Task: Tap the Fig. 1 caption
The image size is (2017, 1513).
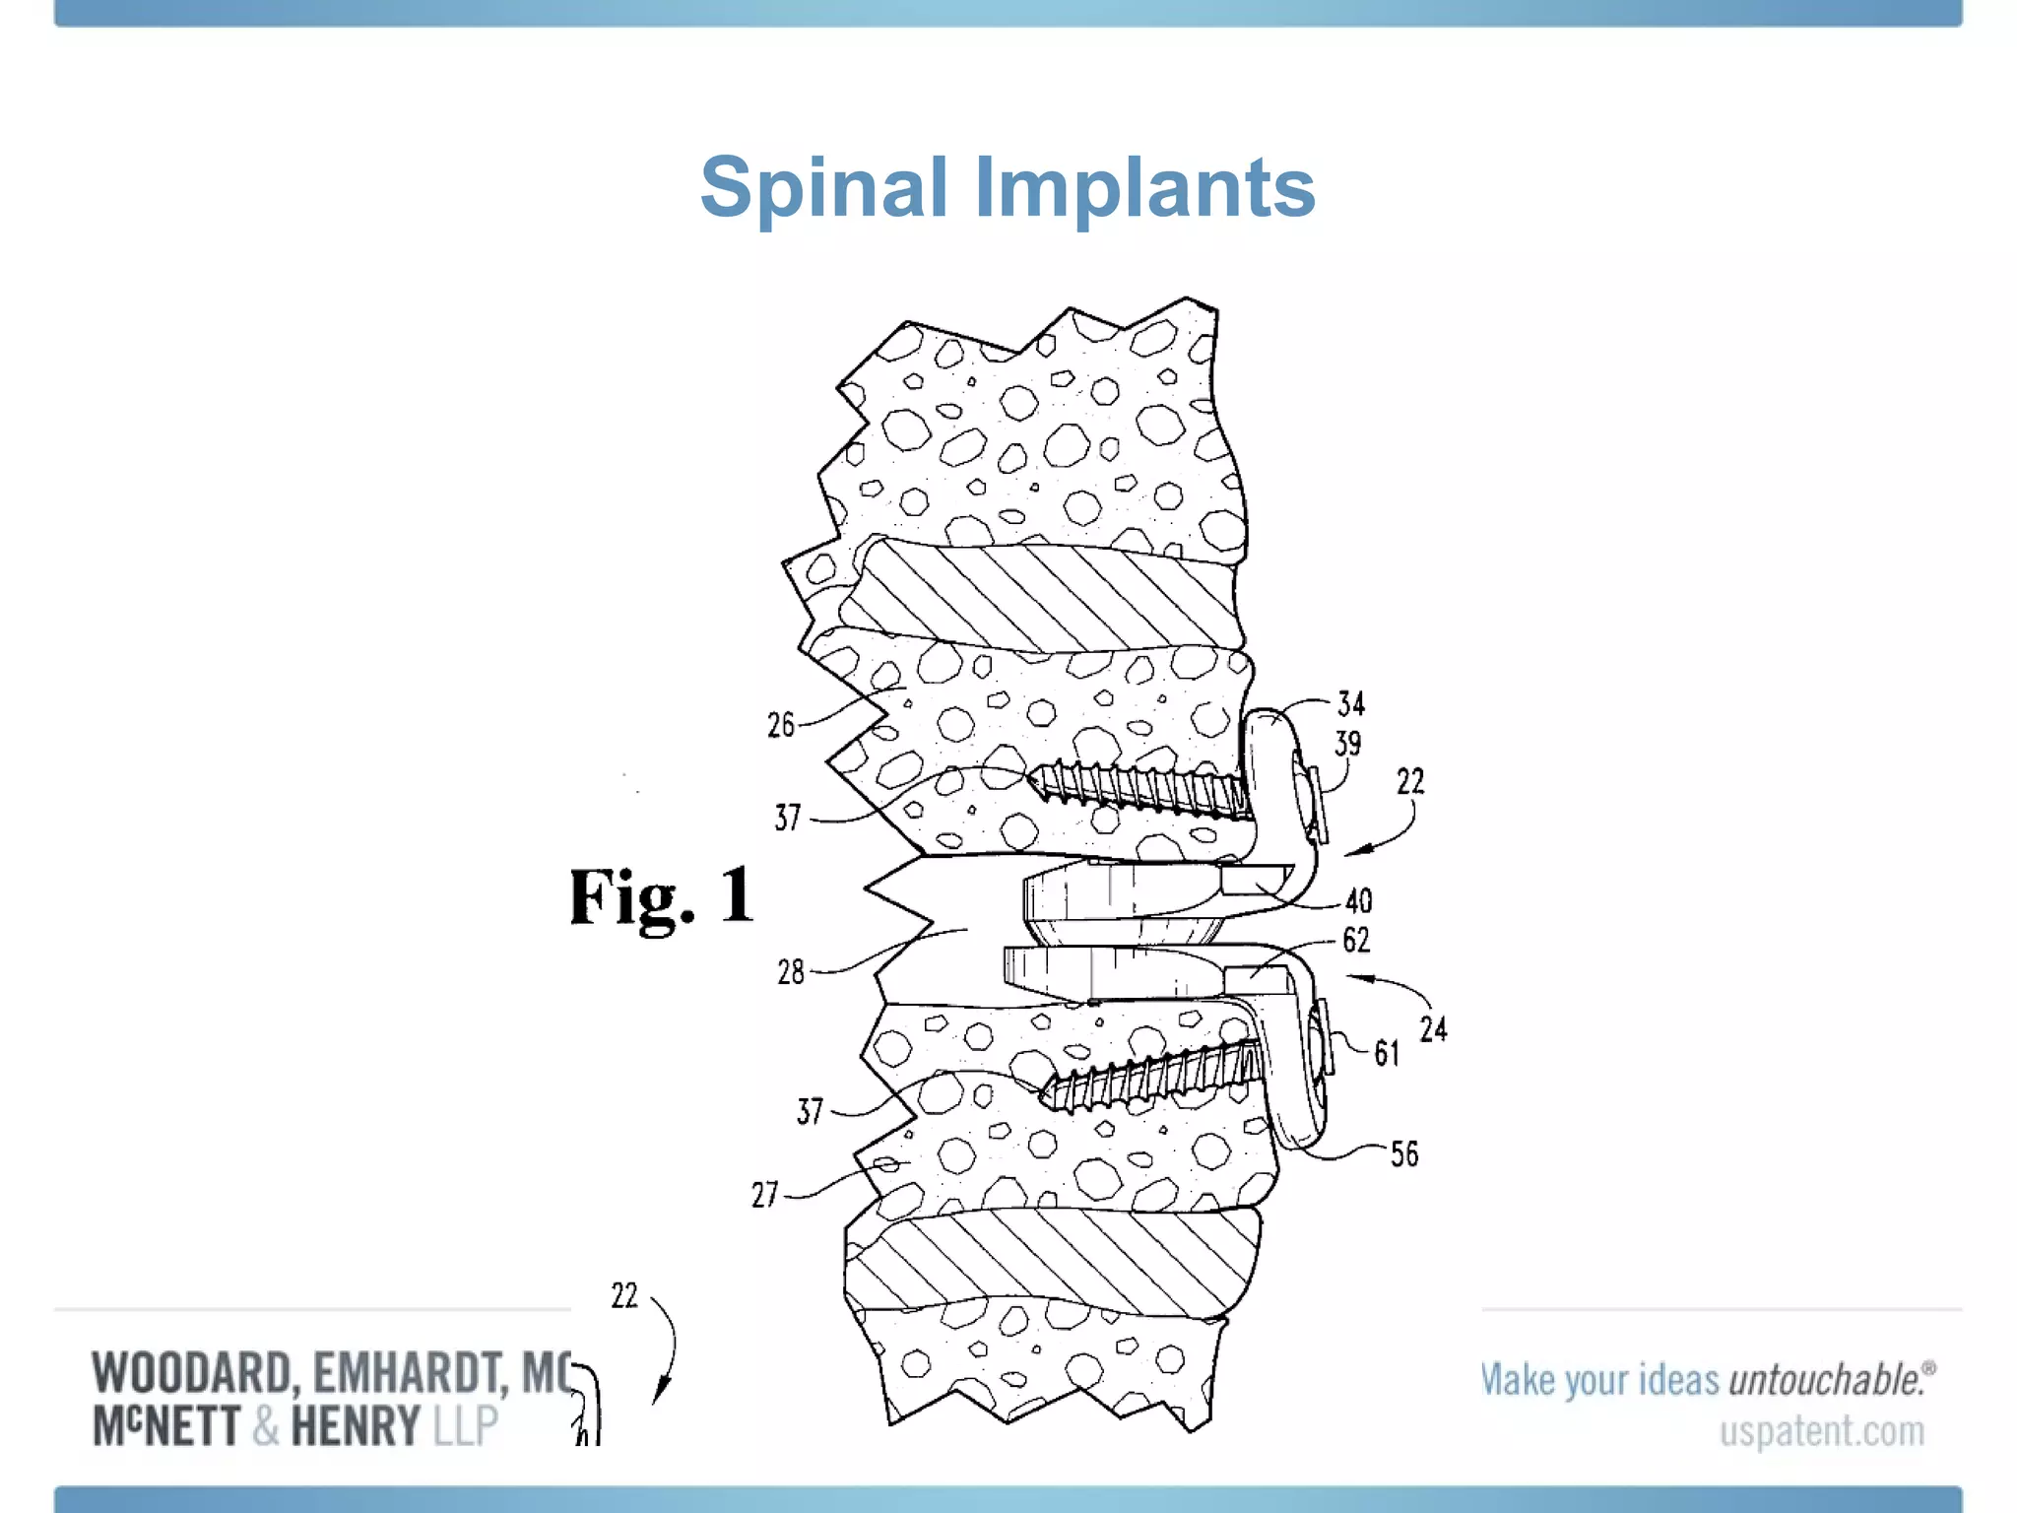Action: pos(662,896)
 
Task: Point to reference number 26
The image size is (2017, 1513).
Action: pos(781,725)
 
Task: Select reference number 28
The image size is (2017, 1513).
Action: pos(791,972)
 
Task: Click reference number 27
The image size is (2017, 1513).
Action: pos(765,1195)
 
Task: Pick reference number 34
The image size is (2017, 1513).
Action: pos(1351,703)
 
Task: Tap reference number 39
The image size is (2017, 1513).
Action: pos(1348,743)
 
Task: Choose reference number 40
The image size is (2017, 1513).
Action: pos(1359,900)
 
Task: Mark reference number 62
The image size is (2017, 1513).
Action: pos(1356,940)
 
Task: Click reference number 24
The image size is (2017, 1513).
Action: pos(1433,1029)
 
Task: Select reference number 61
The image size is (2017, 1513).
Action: pos(1387,1053)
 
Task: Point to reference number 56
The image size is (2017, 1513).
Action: pos(1404,1153)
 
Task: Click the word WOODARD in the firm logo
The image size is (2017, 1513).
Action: pos(192,1374)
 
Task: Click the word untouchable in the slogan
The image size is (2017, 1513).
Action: pos(1827,1380)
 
